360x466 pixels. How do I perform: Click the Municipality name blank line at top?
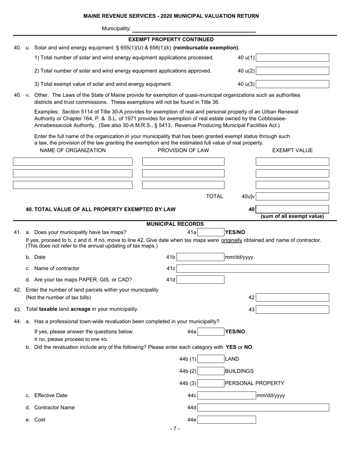194,29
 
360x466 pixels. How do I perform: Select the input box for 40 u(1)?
292,58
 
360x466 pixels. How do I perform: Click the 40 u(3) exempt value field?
292,84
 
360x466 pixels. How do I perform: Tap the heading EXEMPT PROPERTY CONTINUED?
171,39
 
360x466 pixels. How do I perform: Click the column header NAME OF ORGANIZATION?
73,150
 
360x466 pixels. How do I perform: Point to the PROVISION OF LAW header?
183,150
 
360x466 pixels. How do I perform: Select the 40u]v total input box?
292,197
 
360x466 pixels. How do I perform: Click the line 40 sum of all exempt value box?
292,209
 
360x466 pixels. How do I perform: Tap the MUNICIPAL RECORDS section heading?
175,224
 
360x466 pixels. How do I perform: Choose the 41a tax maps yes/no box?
211,232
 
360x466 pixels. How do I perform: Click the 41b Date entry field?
200,257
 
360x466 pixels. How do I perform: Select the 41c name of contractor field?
253,269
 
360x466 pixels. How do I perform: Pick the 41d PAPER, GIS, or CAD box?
200,280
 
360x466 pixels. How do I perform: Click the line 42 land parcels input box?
292,298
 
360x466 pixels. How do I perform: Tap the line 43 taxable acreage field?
292,310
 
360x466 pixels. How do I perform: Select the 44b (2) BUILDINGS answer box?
211,371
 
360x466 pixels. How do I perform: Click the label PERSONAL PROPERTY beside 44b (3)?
255,383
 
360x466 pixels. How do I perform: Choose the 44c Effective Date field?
227,396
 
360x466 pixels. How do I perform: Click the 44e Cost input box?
227,420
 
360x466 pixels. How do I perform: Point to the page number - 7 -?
175,429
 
